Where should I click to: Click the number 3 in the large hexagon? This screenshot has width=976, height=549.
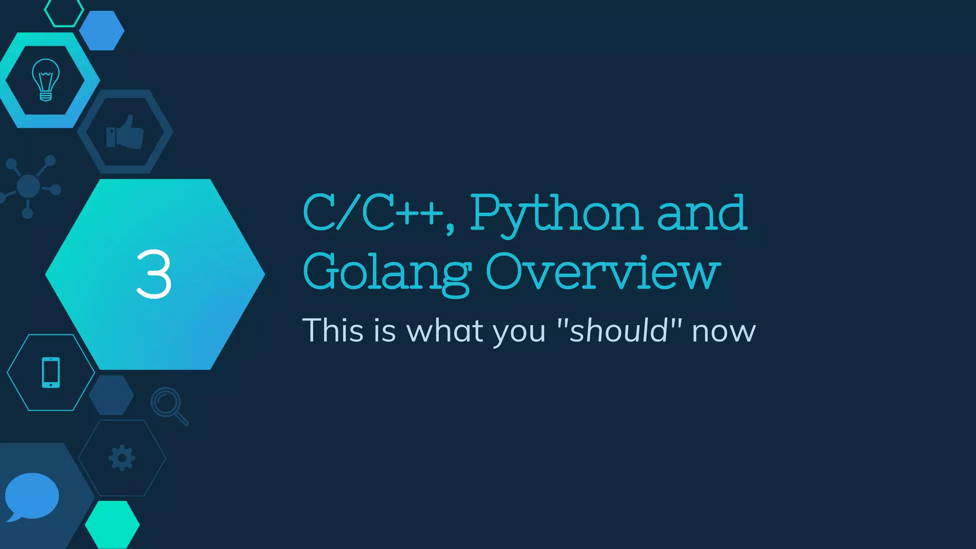tap(153, 274)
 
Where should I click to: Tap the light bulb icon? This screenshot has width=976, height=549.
tap(46, 80)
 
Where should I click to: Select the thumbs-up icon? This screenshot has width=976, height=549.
tap(125, 132)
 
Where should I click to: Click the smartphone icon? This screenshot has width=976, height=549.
tap(51, 372)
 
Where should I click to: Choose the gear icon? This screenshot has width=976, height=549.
tap(122, 458)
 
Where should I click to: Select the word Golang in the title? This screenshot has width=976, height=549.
tap(387, 273)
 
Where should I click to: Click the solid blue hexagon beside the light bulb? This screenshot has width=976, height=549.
tap(102, 30)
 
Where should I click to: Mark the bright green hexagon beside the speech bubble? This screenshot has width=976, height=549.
tap(112, 525)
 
